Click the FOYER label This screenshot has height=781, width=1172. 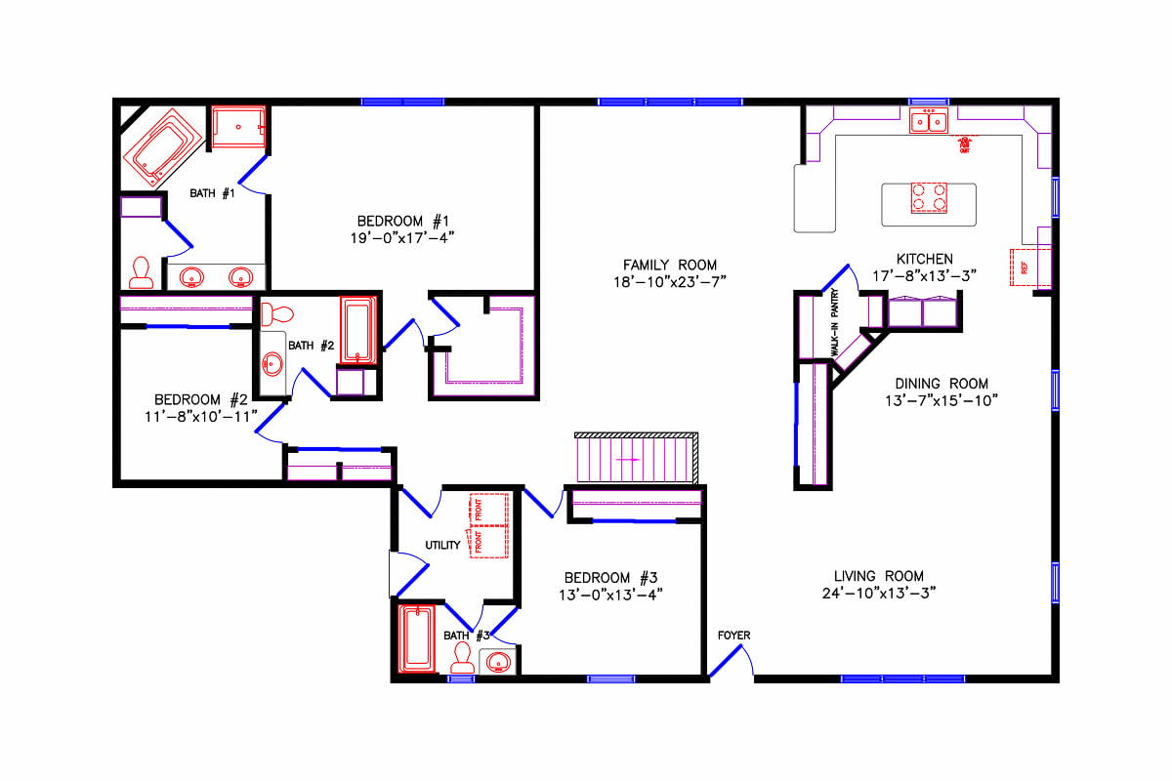[x=733, y=636]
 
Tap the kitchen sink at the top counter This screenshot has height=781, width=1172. [x=929, y=122]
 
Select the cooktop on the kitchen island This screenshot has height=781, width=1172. [x=928, y=198]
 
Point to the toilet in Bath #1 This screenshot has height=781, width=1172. [x=142, y=272]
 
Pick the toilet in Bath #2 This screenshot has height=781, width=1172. [x=277, y=314]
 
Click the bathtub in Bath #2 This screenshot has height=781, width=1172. [x=356, y=331]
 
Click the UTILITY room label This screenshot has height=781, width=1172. [x=442, y=545]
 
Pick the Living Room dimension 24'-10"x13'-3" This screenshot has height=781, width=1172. [x=879, y=593]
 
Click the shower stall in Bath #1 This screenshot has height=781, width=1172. [x=237, y=127]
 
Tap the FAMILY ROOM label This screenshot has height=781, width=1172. [x=670, y=265]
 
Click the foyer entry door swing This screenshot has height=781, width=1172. [x=731, y=664]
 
